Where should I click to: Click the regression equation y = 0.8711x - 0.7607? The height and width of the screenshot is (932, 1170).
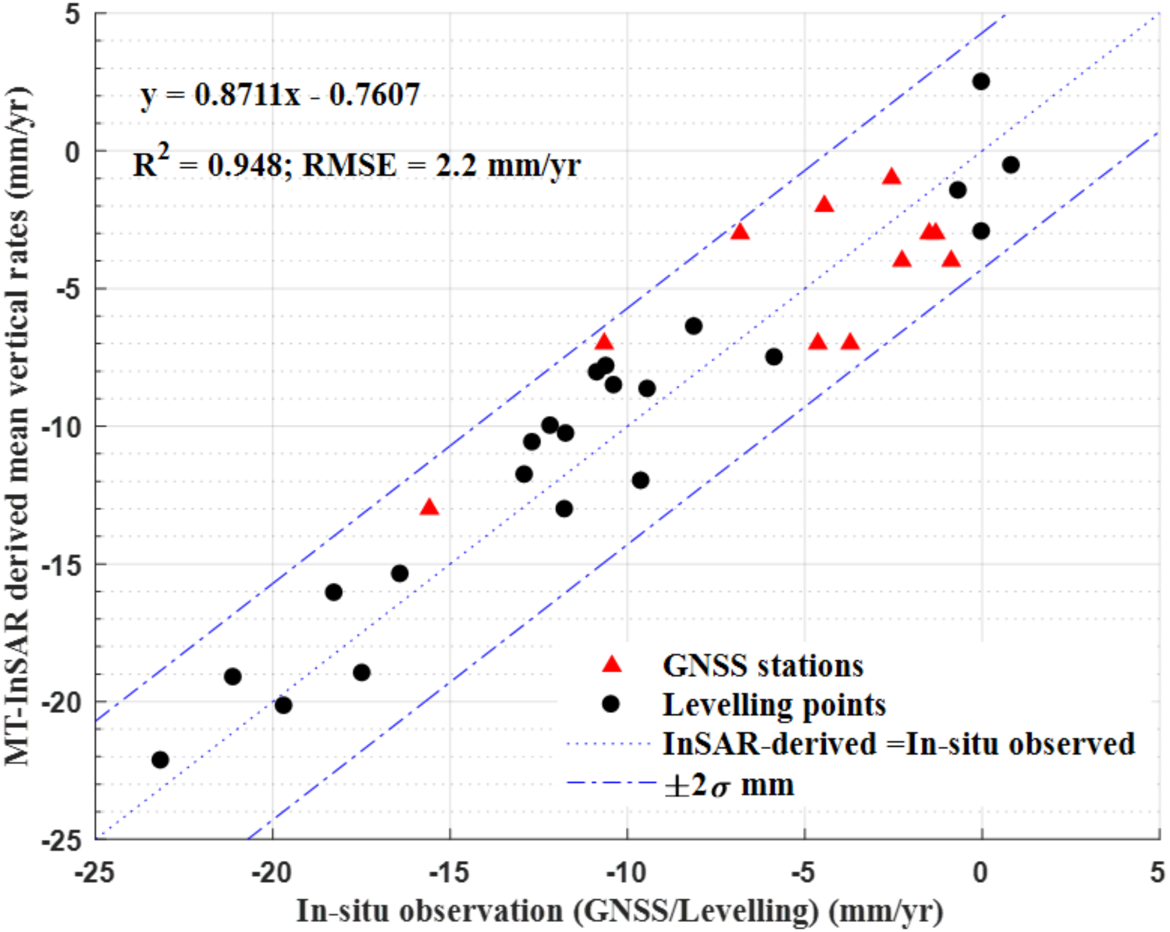(280, 94)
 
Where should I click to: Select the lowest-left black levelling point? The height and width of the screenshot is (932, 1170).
(160, 760)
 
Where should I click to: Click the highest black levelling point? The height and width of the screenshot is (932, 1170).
(981, 82)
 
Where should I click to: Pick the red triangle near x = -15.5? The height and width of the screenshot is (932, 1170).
(429, 508)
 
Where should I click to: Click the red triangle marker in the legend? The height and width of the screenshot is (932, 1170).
(612, 664)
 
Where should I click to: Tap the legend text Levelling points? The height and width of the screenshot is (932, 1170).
(774, 705)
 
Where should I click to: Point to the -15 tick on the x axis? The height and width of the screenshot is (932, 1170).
(449, 873)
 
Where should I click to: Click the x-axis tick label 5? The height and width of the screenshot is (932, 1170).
(1157, 873)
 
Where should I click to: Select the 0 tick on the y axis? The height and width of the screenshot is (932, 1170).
(73, 153)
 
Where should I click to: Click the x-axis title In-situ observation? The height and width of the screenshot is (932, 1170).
(619, 911)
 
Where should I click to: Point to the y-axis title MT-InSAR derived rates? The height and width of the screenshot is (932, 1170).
(17, 425)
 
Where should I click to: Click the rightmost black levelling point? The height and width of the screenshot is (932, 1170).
(1011, 165)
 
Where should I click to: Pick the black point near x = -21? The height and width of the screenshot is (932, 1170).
(233, 677)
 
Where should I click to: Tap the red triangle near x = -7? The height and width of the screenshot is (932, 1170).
(740, 232)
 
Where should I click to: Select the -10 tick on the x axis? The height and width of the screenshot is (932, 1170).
(626, 873)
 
